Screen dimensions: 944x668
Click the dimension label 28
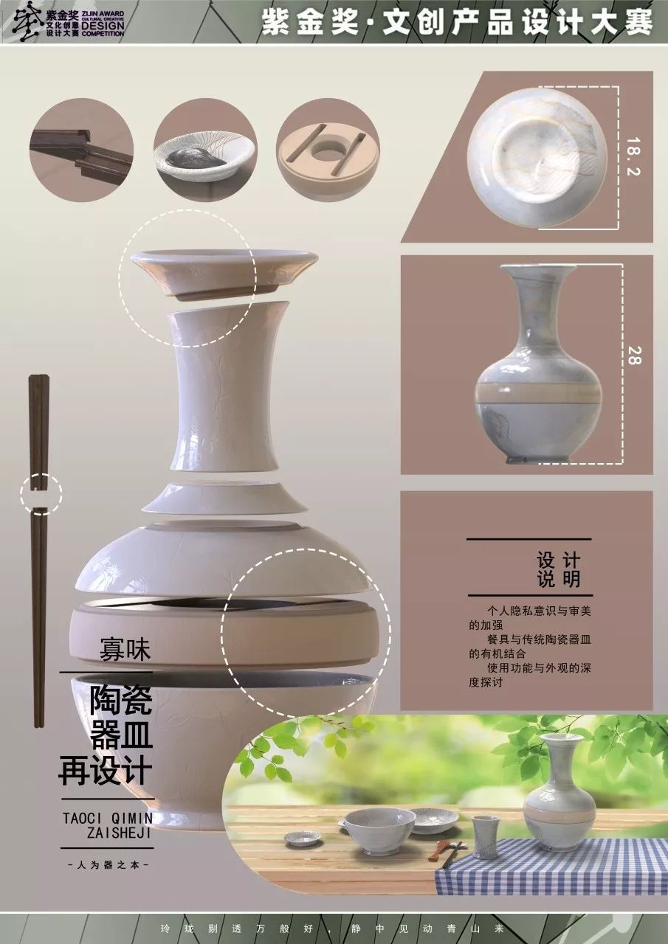tap(635, 355)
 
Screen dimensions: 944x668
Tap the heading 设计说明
tap(559, 569)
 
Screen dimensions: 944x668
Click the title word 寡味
tap(125, 650)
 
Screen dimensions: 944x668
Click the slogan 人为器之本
tap(108, 864)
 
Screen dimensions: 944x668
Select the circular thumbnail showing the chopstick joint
tap(82, 150)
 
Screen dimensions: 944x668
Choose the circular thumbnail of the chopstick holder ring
tap(328, 150)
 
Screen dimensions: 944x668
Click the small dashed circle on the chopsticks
tap(41, 494)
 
